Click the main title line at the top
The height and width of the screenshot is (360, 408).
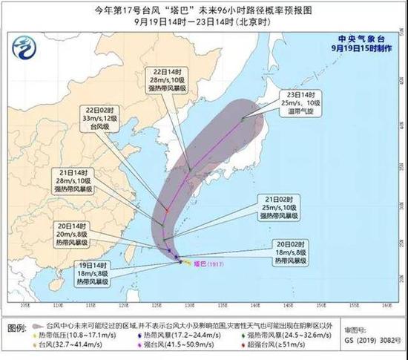(x=203, y=10)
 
